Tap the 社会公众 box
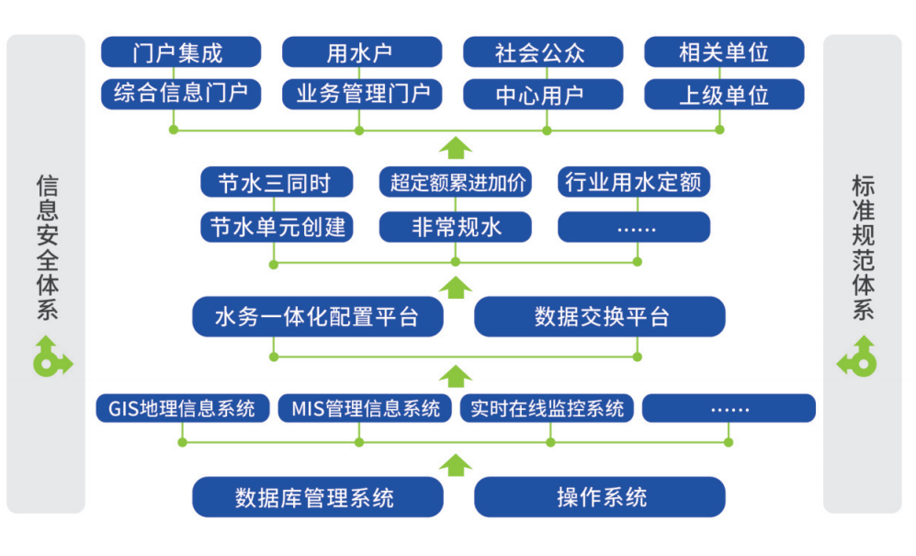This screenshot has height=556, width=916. (x=542, y=52)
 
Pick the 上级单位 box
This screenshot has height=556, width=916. (x=723, y=95)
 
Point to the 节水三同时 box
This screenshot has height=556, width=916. (x=276, y=182)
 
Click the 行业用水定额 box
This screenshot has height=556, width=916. (x=634, y=182)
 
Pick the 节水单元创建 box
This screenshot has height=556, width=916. (x=276, y=226)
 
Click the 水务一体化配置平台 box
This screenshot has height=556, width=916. (x=317, y=317)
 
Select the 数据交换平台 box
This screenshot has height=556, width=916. (x=599, y=317)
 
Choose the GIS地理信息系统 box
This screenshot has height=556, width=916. (x=182, y=408)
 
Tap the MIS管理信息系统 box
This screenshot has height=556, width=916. (x=365, y=408)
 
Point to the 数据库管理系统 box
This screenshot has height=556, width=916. (x=317, y=497)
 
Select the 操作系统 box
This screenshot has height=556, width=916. (x=599, y=497)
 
